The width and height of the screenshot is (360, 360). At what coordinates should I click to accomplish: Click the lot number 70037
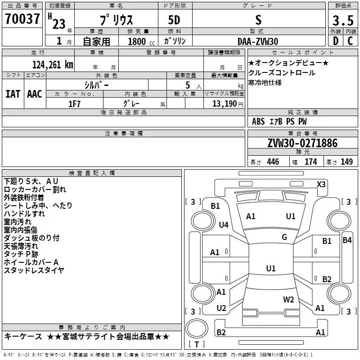point(22,20)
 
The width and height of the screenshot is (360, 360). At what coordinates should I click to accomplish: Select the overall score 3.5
point(342,21)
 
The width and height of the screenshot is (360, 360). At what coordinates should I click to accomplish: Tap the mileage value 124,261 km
point(53,64)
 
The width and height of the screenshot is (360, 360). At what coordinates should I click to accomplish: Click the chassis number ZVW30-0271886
point(302,143)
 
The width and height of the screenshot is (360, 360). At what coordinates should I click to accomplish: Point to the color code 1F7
point(74,103)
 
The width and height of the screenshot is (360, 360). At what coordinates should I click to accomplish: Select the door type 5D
point(174,21)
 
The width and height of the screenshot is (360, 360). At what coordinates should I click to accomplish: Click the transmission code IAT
point(12,94)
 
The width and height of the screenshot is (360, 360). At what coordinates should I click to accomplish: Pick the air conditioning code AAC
point(34,94)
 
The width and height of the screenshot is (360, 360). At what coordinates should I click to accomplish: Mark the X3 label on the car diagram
point(321,184)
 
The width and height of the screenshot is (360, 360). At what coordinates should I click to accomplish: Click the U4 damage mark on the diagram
point(224,224)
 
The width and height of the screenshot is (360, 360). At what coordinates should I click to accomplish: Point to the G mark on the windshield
point(284,237)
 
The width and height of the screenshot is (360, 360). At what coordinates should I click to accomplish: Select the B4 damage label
point(347,240)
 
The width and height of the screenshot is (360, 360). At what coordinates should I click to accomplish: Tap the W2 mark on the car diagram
point(288,299)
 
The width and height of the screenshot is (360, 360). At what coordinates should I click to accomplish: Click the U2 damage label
point(221,308)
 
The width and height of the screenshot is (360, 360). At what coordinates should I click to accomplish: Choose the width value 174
point(311,162)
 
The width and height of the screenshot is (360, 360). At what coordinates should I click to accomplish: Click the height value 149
point(346,162)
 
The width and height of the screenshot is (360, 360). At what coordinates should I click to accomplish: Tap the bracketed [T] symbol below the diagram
point(197,345)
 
